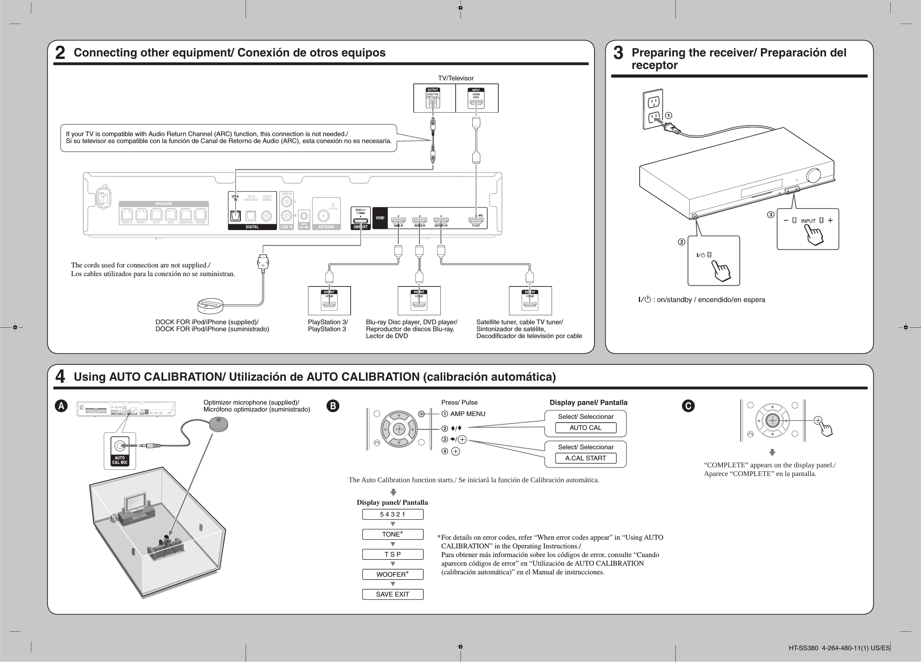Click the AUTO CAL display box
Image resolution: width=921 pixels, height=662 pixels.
[x=585, y=428]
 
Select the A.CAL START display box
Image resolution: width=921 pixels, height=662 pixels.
[x=585, y=458]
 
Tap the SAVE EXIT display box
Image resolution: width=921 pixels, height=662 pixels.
[x=392, y=594]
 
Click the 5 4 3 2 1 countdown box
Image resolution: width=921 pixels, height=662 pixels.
[x=392, y=514]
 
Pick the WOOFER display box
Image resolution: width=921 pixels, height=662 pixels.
[x=392, y=574]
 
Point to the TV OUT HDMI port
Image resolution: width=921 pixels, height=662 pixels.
[x=476, y=221]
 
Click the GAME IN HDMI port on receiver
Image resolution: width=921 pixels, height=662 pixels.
[x=398, y=221]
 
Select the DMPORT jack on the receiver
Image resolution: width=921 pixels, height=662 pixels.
[x=360, y=221]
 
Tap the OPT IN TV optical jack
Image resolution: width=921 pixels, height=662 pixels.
[x=235, y=215]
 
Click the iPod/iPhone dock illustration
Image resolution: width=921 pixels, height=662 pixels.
[x=210, y=305]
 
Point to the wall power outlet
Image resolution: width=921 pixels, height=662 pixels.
[x=653, y=109]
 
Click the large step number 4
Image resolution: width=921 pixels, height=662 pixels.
[x=60, y=377]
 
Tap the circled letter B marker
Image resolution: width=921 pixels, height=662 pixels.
[x=333, y=406]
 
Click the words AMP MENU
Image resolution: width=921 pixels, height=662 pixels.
[x=467, y=414]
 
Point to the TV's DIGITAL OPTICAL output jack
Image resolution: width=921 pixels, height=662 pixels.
[x=433, y=103]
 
